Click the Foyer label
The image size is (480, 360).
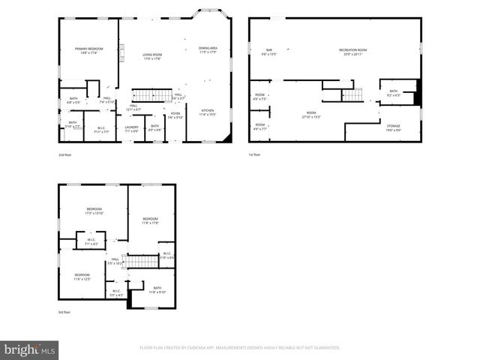click(x=175, y=115)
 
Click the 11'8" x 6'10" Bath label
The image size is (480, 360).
click(x=157, y=289)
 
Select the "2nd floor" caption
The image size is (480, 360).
click(x=65, y=154)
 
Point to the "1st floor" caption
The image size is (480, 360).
click(x=255, y=154)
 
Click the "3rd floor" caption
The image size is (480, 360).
click(x=65, y=312)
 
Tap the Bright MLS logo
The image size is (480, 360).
click(x=30, y=349)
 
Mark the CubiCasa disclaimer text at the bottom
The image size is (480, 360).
click(x=240, y=348)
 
